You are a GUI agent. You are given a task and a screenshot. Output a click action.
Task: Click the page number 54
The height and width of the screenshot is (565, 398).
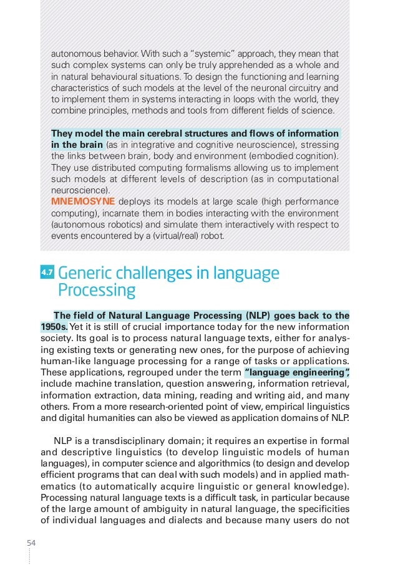pos(31,543)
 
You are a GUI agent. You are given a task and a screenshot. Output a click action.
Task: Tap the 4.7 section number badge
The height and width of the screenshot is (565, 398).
pos(47,273)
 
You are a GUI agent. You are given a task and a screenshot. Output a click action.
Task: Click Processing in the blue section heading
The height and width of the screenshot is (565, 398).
pos(96,291)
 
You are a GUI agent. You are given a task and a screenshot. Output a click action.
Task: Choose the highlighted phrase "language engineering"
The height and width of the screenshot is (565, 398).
pos(297,372)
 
